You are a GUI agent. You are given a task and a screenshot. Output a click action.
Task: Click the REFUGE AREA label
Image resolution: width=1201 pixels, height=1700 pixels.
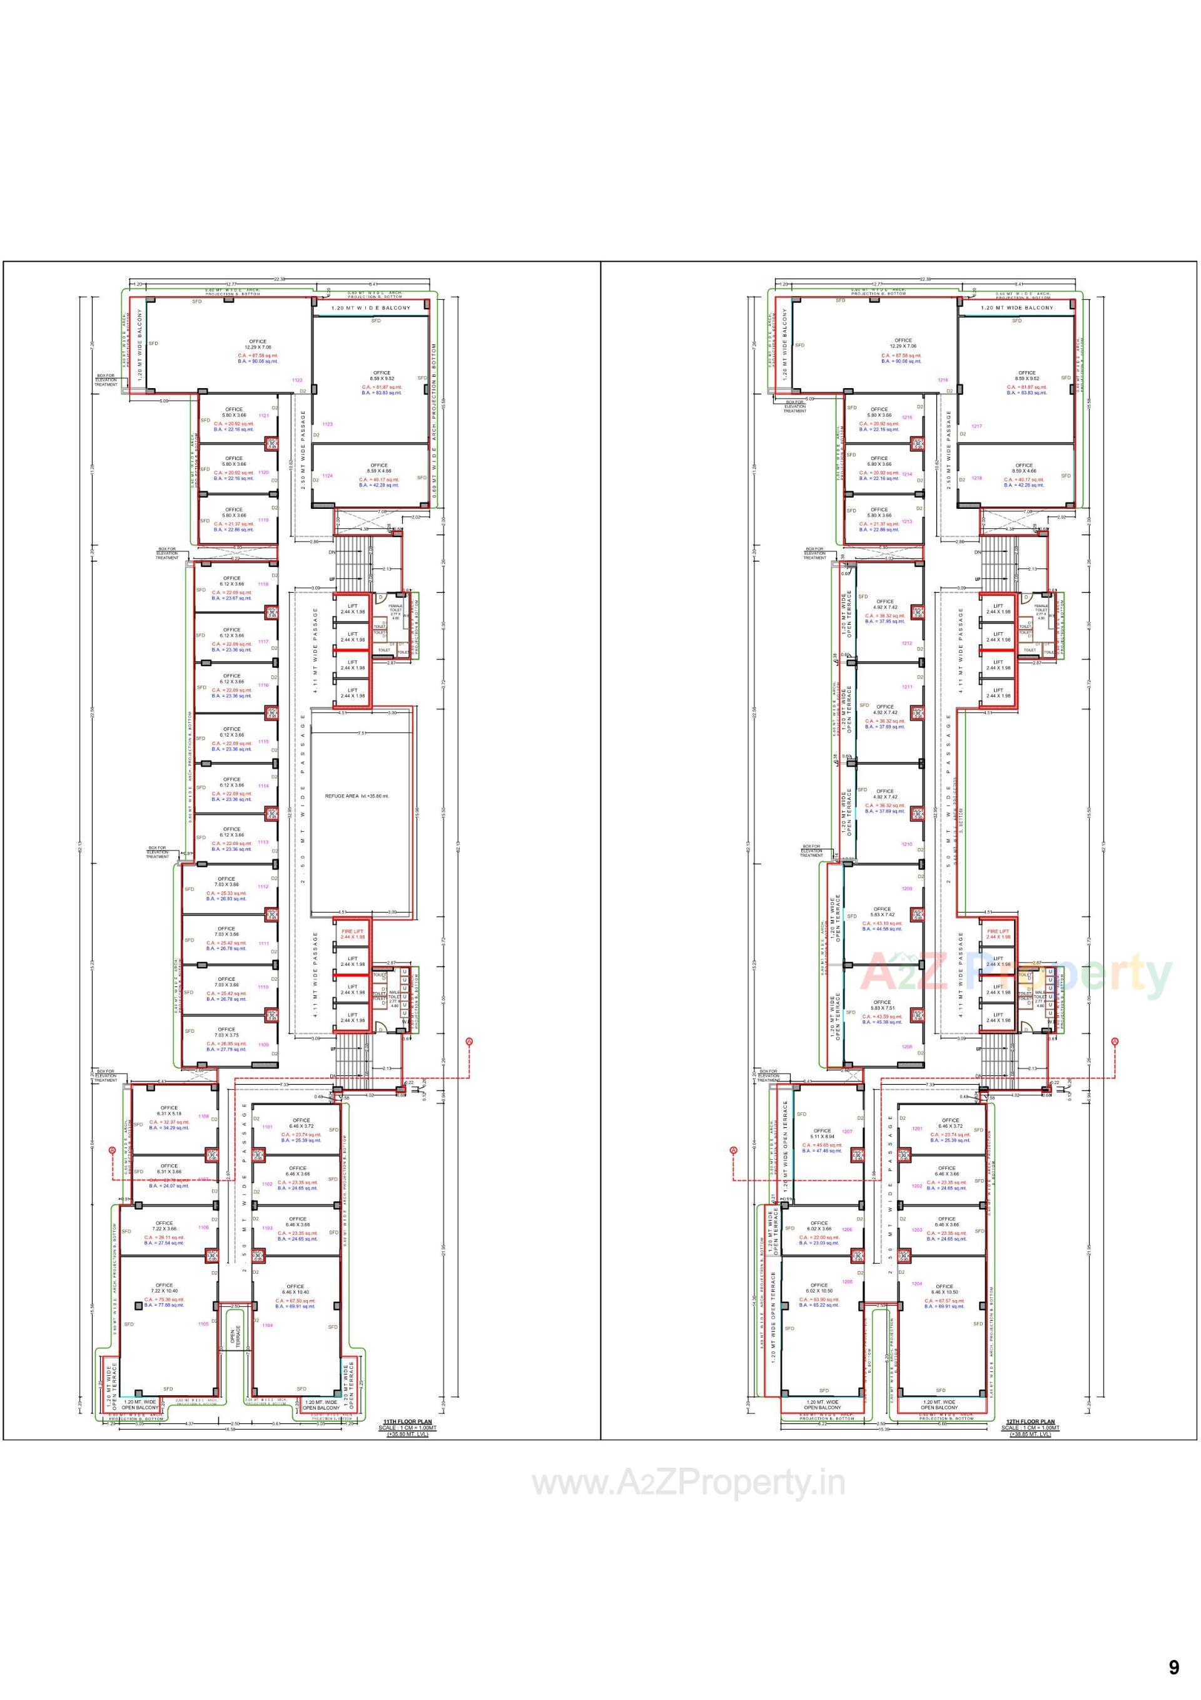point(357,796)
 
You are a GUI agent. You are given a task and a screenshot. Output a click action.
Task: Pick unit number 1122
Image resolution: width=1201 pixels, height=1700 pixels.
point(298,380)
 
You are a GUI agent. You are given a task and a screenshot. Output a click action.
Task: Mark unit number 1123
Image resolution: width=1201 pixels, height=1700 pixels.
point(328,424)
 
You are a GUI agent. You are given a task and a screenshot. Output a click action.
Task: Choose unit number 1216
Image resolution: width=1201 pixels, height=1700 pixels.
point(943,380)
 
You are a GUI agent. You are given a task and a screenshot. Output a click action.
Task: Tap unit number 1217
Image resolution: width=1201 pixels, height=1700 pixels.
point(977,426)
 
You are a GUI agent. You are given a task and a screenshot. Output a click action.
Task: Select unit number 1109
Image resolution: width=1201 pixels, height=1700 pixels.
point(263,1045)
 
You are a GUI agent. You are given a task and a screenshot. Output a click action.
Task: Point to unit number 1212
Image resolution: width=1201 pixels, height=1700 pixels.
point(907,643)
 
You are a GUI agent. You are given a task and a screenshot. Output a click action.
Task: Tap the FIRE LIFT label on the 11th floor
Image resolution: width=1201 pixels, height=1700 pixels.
point(353,931)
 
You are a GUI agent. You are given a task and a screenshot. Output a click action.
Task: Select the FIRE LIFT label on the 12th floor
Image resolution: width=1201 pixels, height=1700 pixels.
point(998,931)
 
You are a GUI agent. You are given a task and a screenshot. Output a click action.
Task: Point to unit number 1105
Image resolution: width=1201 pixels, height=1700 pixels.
point(203,1324)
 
